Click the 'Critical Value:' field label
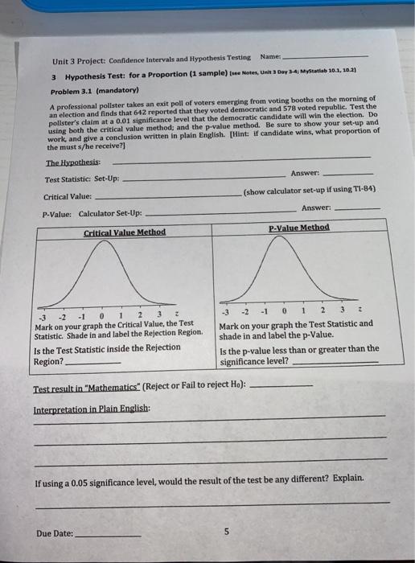(68, 196)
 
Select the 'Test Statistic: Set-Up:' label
(81, 179)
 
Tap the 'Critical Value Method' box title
(125, 232)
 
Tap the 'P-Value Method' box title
(298, 228)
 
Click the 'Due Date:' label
(54, 532)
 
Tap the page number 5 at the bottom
(227, 531)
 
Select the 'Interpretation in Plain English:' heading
(80, 409)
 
